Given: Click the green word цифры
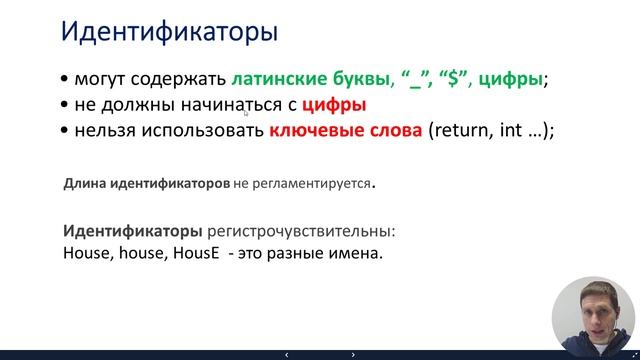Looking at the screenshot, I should (511, 80).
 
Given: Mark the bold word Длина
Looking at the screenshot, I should (85, 185).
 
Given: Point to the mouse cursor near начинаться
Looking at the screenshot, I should (245, 113).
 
